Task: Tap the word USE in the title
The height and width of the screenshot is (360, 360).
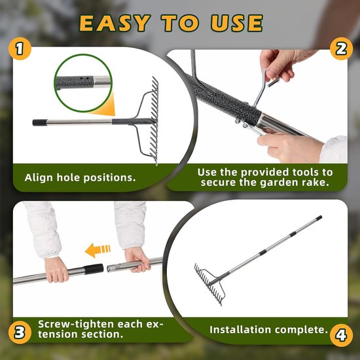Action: pos(237,23)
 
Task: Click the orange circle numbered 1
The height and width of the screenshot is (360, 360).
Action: pos(20,48)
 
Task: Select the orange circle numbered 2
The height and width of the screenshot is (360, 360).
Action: pos(341,48)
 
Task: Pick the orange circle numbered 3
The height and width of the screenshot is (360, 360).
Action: pos(20,333)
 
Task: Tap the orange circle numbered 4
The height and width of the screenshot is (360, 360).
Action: pos(341,335)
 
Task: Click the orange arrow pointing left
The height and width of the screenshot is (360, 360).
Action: pos(98,250)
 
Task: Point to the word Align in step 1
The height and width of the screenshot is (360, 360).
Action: pos(39,178)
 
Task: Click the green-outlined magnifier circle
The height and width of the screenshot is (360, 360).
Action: pos(83,83)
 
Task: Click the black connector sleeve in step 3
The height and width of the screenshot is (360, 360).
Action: pos(94,269)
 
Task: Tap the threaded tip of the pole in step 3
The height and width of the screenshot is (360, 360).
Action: pos(113,268)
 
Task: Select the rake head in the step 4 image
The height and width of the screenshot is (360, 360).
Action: pos(209,284)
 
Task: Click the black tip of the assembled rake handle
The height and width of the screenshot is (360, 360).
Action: pos(319,217)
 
